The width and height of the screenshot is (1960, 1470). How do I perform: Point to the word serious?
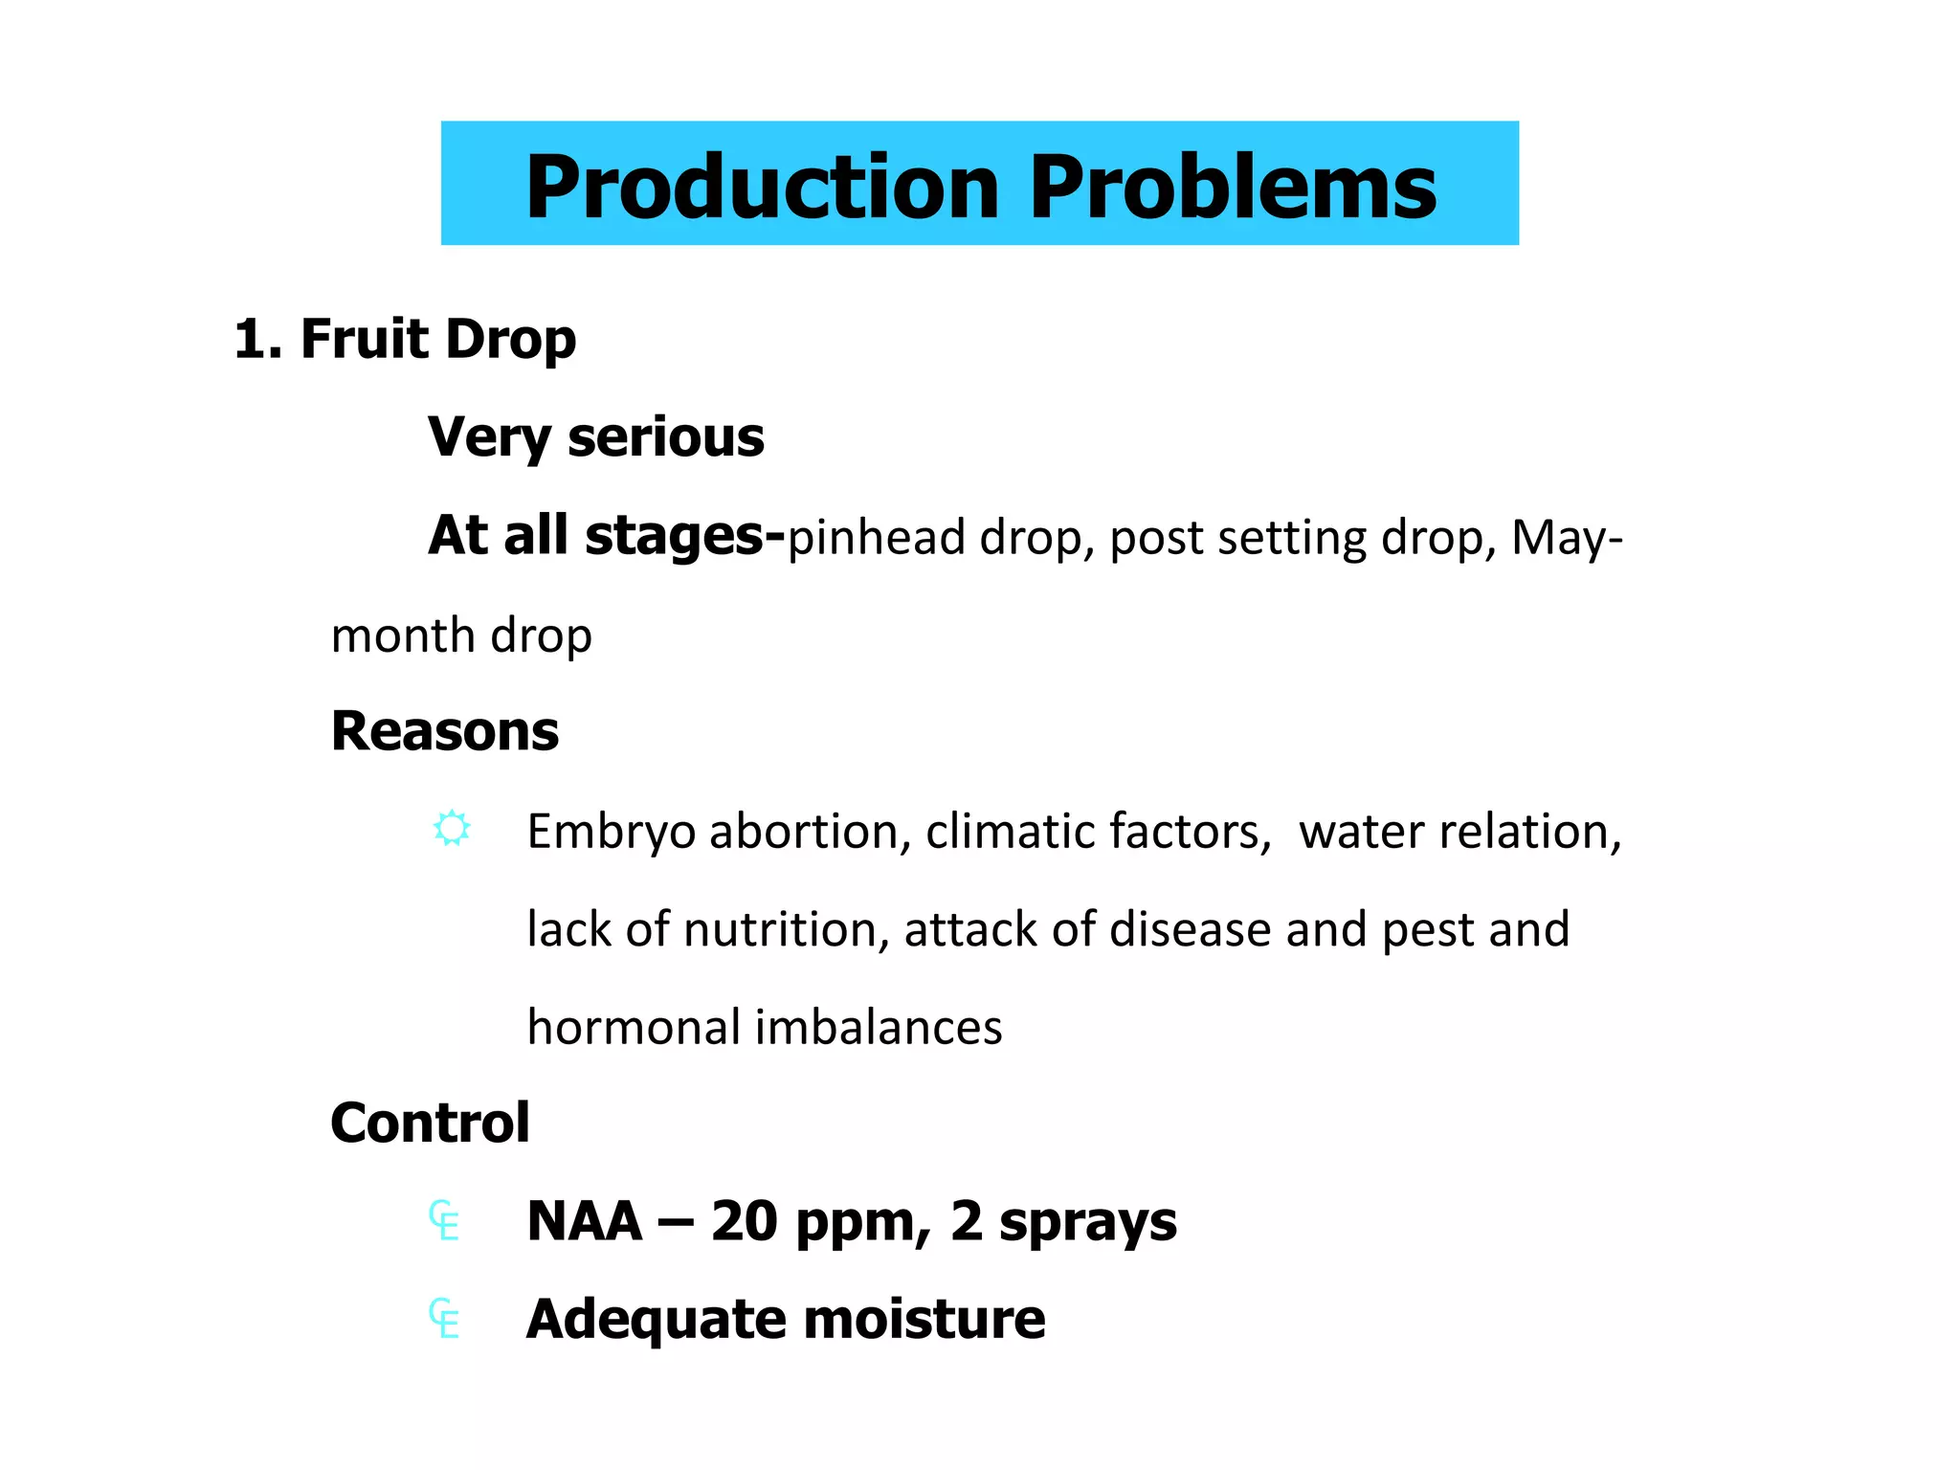pos(665,438)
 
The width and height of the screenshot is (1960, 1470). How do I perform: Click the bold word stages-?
pos(684,536)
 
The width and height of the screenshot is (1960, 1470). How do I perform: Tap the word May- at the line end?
pos(1567,538)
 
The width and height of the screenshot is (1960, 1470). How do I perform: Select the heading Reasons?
pos(444,732)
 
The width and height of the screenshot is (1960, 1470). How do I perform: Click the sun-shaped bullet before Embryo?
pos(452,828)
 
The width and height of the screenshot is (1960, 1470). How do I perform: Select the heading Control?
pos(430,1124)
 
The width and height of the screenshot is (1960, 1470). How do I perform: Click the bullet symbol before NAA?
pos(444,1221)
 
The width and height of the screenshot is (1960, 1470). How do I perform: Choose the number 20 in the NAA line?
pos(745,1221)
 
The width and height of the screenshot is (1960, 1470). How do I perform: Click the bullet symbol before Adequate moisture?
pos(444,1319)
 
